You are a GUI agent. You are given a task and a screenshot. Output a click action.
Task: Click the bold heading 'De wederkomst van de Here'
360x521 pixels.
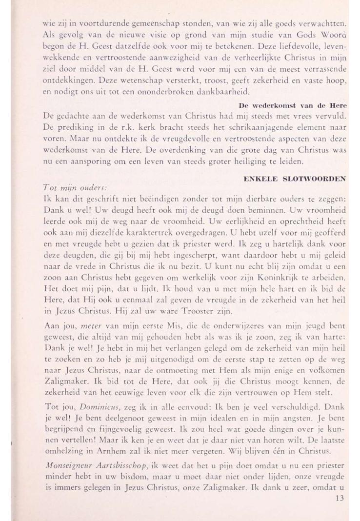click(x=292, y=105)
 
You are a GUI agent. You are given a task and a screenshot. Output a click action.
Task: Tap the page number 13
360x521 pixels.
click(x=340, y=498)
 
